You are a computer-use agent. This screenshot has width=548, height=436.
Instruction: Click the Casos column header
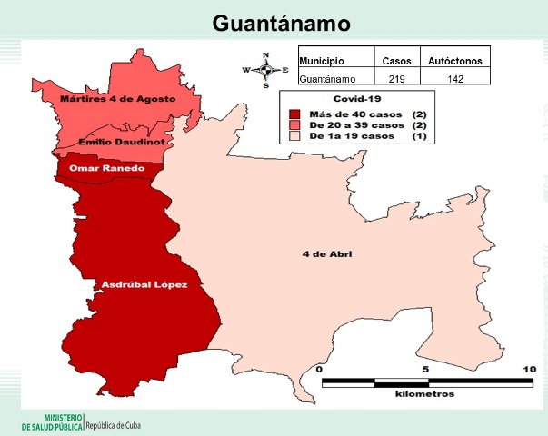[396, 61]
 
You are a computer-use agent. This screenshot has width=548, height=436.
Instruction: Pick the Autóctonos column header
[454, 61]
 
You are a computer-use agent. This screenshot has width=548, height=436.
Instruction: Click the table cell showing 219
[396, 79]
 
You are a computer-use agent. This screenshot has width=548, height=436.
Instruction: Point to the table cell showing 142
[454, 79]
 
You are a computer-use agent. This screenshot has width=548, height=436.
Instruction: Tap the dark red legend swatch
[294, 112]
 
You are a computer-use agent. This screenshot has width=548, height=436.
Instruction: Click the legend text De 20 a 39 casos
[354, 124]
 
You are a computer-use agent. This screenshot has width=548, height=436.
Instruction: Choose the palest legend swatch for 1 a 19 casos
[294, 135]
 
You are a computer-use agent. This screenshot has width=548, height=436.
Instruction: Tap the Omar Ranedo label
[108, 168]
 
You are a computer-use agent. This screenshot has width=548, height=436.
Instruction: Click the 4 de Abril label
[326, 253]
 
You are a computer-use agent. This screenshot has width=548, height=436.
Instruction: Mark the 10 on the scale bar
[529, 370]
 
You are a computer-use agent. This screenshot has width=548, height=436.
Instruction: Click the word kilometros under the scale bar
[424, 395]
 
